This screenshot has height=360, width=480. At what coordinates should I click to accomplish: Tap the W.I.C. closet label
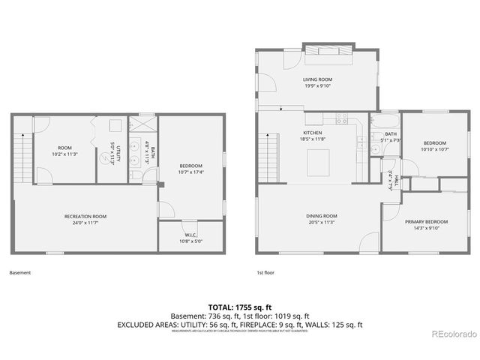pos(190,235)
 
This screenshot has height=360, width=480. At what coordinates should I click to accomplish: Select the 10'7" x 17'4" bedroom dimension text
pos(191,172)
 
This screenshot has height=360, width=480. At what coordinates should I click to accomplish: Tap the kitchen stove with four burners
pos(341,118)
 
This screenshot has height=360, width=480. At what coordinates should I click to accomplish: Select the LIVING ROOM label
pos(317,79)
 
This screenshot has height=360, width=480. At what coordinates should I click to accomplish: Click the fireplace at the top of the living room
pos(325,47)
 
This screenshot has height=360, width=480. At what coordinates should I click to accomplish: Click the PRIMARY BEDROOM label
pos(426,222)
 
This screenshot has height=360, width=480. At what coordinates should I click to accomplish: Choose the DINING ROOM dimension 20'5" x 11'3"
pos(320,222)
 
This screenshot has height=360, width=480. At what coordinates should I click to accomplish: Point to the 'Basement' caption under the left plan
pos(20,273)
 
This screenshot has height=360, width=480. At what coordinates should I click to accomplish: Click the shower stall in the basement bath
pos(143,123)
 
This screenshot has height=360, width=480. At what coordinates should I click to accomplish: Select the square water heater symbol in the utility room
pos(116,125)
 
